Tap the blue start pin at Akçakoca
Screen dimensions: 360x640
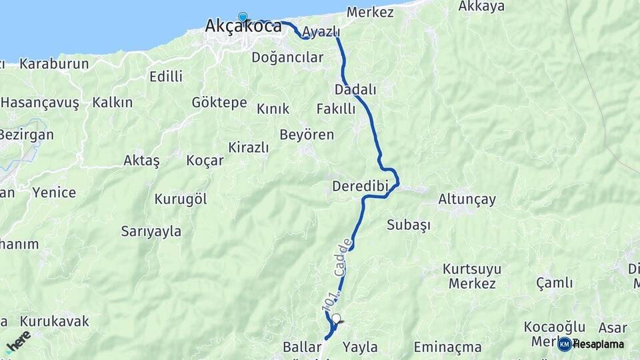click(x=243, y=18)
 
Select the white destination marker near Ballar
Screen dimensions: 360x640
click(x=336, y=319)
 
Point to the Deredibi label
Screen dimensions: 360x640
click(x=361, y=186)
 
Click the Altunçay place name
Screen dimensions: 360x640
click(x=467, y=199)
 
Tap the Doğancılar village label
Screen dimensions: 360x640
click(x=287, y=57)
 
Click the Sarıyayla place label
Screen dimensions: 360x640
click(x=151, y=231)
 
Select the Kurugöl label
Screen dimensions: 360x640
click(x=181, y=199)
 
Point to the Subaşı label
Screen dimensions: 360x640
click(x=408, y=225)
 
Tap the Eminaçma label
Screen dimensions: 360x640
click(x=447, y=347)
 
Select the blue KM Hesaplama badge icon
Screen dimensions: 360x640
click(x=564, y=344)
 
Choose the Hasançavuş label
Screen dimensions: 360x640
click(x=40, y=103)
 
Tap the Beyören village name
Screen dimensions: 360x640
click(x=307, y=135)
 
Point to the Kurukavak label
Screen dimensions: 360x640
click(x=54, y=321)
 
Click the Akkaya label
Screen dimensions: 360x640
click(x=481, y=7)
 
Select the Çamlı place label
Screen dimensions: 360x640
click(x=554, y=283)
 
